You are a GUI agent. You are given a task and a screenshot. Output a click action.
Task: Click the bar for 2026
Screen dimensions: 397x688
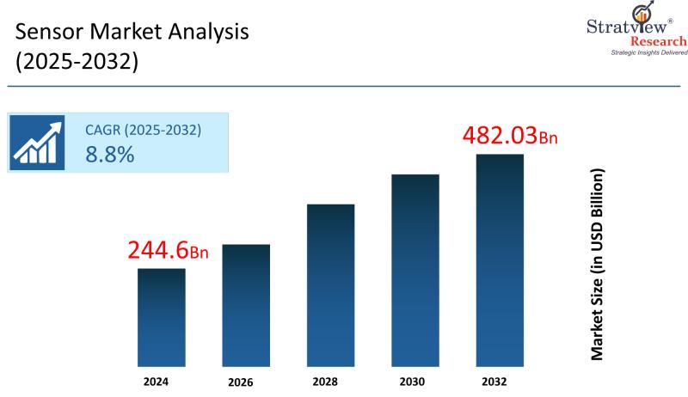coord(246,304)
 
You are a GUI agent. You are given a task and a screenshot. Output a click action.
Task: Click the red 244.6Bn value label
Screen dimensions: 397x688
coord(169,250)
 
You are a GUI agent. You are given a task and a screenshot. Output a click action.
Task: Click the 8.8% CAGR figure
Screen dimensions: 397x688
coord(109,155)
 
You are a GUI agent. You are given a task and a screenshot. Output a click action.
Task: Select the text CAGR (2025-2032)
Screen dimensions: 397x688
coord(143,131)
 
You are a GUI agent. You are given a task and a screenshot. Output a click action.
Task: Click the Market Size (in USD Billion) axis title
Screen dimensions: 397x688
coord(597,264)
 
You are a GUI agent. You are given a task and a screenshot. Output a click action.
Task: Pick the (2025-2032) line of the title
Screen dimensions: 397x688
coord(77,63)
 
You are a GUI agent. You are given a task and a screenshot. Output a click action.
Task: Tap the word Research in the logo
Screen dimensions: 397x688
coord(659,40)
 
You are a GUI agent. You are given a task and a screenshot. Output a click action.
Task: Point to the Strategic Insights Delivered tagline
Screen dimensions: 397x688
coord(649,52)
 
